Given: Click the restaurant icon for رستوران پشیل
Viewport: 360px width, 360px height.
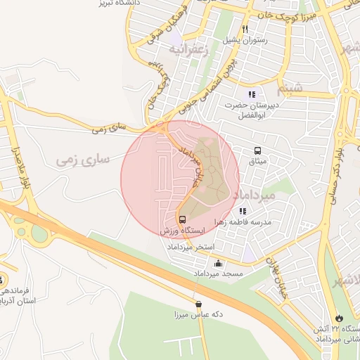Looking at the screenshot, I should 245,30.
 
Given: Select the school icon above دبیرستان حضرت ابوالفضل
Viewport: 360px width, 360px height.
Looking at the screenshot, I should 252,94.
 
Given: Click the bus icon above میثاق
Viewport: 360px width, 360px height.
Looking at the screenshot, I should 257,151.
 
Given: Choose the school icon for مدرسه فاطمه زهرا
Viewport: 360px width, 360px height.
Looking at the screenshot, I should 243,211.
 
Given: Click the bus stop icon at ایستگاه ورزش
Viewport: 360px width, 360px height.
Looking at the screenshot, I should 183,219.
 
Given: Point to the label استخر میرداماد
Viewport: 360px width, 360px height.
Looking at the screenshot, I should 189,247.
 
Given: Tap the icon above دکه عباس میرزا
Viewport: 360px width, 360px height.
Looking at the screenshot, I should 198,304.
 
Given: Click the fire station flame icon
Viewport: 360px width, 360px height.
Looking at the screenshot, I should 340,318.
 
